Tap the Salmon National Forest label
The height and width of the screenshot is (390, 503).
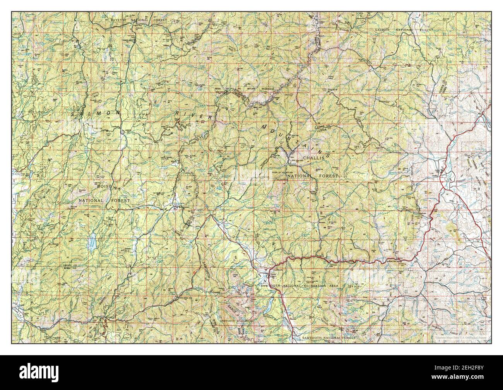click(404, 29)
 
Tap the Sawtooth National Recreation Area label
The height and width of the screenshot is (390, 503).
click(299, 286)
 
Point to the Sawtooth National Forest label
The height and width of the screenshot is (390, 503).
click(328, 338)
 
